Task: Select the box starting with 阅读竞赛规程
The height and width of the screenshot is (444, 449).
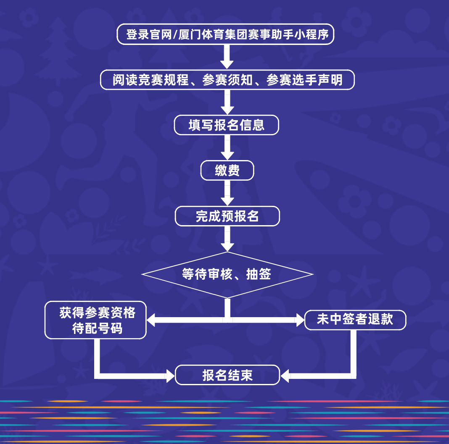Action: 227,80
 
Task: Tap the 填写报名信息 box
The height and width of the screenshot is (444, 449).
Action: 227,125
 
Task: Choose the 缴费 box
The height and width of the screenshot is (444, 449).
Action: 227,171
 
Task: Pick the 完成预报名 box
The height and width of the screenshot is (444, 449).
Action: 227,216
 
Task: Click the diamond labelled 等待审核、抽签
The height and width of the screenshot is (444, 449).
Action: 227,275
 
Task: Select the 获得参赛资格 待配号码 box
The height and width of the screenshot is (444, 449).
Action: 95,320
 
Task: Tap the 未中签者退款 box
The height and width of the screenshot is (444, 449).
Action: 355,320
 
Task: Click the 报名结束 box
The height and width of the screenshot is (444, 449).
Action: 227,375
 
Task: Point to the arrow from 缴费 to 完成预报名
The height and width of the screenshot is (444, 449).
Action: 227,193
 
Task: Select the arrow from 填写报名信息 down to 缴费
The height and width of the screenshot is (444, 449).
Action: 227,147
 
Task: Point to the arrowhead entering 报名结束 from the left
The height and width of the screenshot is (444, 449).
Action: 170,375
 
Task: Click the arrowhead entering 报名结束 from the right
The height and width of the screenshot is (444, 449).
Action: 285,375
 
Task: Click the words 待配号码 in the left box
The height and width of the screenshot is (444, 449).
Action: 97,328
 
